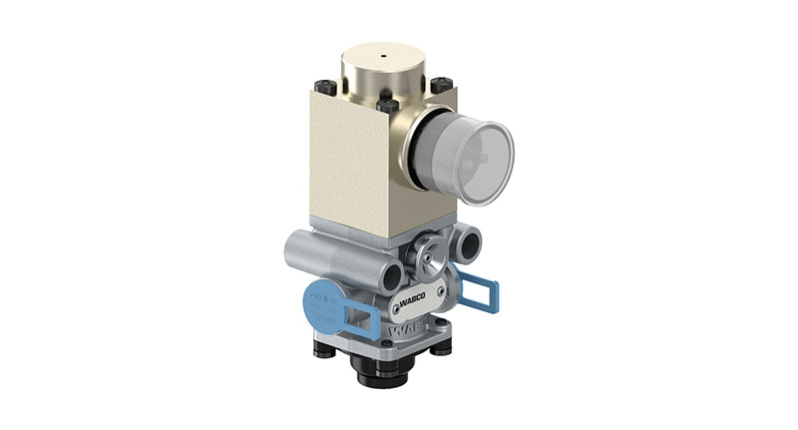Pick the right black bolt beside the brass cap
click(x=441, y=87)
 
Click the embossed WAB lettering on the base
click(x=403, y=328)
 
